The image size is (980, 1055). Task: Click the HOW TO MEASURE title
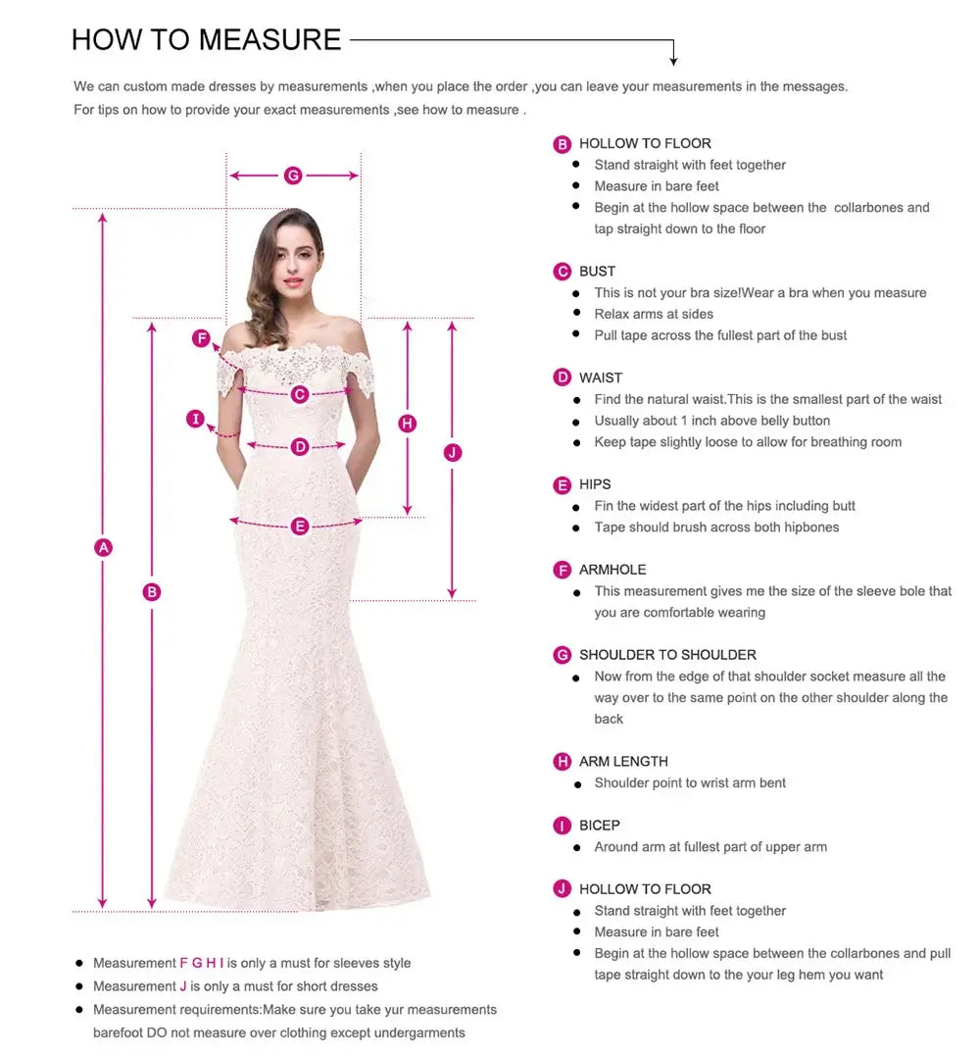click(206, 40)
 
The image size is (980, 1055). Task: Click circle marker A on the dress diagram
click(103, 548)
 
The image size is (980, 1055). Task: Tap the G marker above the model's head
click(293, 176)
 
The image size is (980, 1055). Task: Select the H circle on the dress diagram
click(408, 424)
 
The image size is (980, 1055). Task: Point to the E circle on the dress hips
click(300, 527)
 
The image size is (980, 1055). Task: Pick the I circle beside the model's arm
click(196, 420)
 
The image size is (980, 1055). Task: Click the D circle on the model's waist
click(300, 447)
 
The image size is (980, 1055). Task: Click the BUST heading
click(597, 272)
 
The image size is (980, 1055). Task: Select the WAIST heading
click(601, 377)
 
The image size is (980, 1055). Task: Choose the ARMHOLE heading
click(612, 570)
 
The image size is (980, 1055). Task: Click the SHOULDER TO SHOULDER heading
click(667, 655)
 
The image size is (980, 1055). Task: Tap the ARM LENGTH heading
click(623, 762)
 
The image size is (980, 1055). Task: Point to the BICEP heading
click(599, 826)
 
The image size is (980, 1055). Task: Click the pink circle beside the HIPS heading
click(563, 485)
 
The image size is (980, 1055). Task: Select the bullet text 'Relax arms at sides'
click(654, 314)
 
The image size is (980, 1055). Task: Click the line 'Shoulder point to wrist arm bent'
click(690, 783)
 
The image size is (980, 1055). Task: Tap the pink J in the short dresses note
click(183, 986)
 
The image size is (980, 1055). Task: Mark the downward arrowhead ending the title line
click(673, 61)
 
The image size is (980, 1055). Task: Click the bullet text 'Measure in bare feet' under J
click(657, 932)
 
